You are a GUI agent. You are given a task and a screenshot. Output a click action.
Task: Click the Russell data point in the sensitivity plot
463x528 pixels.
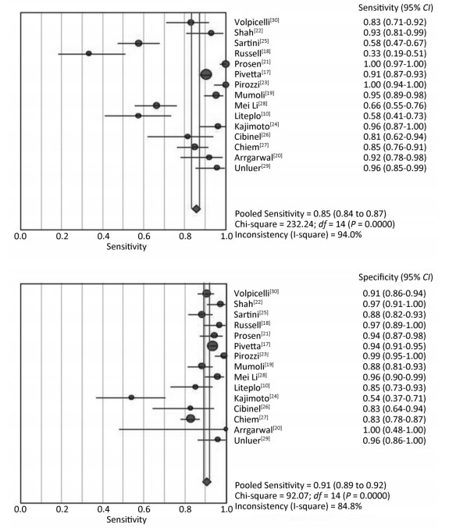(88, 54)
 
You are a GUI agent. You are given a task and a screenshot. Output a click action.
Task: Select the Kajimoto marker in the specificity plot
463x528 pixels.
(131, 398)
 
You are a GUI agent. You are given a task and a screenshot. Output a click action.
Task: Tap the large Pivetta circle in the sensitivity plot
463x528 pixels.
(206, 74)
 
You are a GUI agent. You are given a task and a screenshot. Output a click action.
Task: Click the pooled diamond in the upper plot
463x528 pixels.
(196, 209)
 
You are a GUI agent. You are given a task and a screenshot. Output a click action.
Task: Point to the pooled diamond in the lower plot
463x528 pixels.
(207, 482)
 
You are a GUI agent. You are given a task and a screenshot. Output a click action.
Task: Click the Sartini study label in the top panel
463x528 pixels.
(251, 43)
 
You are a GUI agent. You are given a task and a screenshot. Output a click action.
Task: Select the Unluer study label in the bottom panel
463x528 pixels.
(252, 440)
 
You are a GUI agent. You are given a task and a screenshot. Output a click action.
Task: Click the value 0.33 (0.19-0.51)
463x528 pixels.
(394, 54)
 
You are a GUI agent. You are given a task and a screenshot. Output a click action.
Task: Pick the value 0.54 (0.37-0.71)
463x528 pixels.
(394, 398)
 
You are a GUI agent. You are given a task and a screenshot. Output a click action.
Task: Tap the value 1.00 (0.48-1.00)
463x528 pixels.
(394, 430)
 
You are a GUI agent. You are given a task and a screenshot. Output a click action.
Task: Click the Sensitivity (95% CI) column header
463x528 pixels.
(396, 8)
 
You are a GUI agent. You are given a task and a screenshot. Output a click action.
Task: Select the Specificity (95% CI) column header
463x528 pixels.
(396, 277)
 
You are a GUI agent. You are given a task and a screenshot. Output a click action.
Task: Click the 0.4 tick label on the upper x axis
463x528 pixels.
(103, 236)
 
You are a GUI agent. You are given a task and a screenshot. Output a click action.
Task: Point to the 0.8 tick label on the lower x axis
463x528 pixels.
(186, 508)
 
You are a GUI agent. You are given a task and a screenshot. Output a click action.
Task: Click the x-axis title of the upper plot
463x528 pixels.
(126, 247)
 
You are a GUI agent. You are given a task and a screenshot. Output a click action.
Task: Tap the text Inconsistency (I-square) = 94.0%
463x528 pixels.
(298, 234)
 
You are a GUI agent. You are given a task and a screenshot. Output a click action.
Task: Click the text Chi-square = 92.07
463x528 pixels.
(272, 496)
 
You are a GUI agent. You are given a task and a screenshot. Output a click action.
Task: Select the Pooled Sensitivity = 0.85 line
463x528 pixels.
(311, 214)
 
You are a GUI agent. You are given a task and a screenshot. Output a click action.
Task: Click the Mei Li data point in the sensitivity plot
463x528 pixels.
(157, 105)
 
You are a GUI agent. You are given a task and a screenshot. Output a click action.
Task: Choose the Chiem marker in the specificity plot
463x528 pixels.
(191, 419)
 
